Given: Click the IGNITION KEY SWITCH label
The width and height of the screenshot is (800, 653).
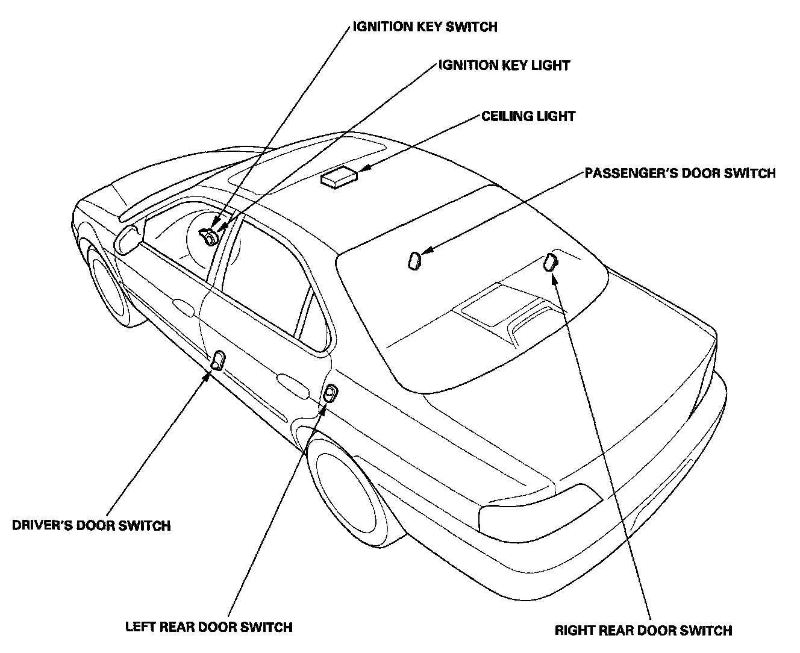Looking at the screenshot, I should coord(425,27).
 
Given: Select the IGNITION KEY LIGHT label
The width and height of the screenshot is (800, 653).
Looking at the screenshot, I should coord(504,65).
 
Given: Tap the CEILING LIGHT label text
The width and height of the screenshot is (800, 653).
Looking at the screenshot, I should coord(528,116).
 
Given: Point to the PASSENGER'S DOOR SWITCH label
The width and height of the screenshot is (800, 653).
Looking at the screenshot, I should coord(680,173).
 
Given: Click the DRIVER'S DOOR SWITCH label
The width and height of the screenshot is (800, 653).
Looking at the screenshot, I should coord(92,525).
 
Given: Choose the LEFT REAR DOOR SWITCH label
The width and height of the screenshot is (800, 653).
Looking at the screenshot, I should coord(208,626).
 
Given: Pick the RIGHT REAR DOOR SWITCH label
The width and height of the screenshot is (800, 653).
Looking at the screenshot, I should coord(643,631).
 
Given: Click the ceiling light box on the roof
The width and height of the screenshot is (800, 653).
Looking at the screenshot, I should coord(339,178).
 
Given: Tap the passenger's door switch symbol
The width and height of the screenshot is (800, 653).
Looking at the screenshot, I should coord(414,261).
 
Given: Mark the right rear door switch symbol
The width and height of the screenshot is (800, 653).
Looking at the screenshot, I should coord(551,262).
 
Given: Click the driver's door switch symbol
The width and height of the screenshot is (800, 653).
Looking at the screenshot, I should coord(217,360).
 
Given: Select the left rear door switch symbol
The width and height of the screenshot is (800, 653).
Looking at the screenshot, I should coord(331,394).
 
